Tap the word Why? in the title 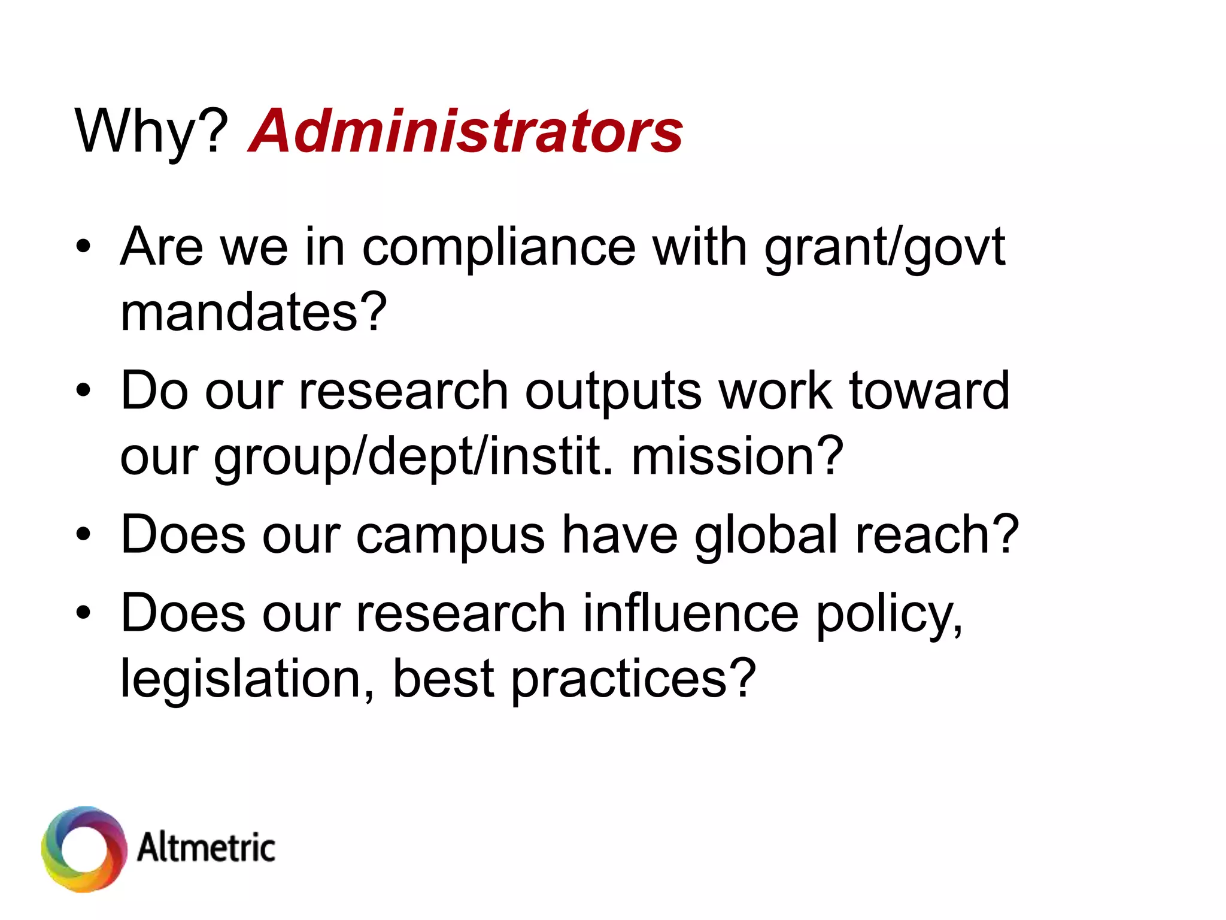coord(151,132)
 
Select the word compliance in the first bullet coord(498,247)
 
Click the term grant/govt coord(885,247)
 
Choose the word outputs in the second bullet coord(613,391)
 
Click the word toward coord(929,391)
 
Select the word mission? coord(738,456)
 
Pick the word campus coord(450,535)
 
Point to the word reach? coord(937,535)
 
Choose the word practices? coord(633,680)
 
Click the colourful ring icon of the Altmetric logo coord(84,849)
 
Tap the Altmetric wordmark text coord(207,848)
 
